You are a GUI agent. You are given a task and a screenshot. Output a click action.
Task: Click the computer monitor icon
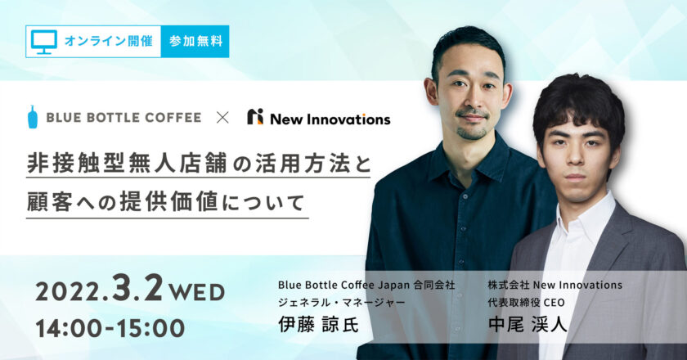point(44,42)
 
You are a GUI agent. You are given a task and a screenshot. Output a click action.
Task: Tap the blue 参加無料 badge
point(195,41)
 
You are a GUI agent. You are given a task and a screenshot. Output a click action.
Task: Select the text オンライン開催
point(108,41)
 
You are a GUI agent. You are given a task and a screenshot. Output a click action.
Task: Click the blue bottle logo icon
point(33,117)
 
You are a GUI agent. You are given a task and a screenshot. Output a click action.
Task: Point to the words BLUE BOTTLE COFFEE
point(123,118)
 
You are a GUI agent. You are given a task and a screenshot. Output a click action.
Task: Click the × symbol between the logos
point(222,118)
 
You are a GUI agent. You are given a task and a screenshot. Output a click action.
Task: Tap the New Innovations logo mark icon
point(255,117)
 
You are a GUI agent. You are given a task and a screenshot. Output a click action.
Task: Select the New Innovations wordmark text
point(330,119)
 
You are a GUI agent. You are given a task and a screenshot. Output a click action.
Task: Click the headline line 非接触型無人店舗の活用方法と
point(199,163)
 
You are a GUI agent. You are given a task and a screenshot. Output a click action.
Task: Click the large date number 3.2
point(137,287)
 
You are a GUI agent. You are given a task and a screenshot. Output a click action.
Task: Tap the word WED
point(197,292)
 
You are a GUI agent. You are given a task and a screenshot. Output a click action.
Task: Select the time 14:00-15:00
point(110,328)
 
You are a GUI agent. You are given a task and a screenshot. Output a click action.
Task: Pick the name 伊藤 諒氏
point(318,325)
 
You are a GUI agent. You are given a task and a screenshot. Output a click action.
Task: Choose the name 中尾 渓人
point(528,325)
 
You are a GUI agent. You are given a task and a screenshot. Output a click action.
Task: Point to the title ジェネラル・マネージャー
point(341,303)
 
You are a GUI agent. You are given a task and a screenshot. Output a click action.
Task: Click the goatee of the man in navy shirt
point(471,133)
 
